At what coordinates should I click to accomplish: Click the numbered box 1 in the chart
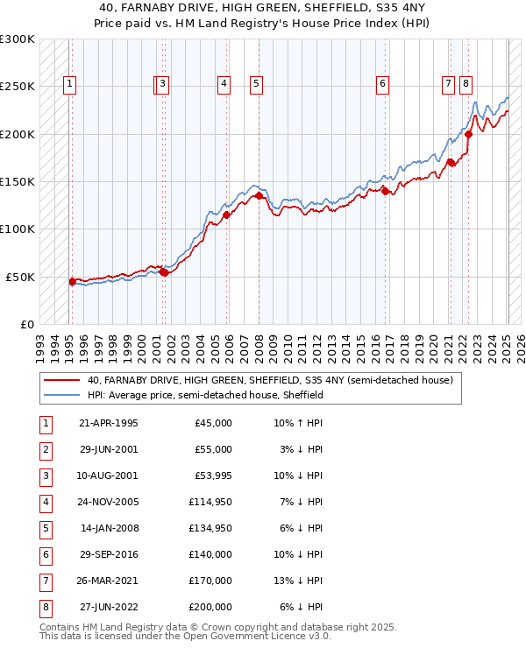click(69, 84)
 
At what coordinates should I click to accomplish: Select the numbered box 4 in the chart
click(224, 84)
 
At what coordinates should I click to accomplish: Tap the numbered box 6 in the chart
click(383, 84)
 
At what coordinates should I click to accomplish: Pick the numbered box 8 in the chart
click(466, 84)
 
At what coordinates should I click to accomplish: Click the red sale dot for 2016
click(386, 192)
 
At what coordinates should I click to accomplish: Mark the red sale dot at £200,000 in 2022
click(469, 134)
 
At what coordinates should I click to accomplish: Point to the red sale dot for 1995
click(72, 281)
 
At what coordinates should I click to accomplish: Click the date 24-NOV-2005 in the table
click(108, 503)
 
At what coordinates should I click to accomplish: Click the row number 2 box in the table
click(45, 449)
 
